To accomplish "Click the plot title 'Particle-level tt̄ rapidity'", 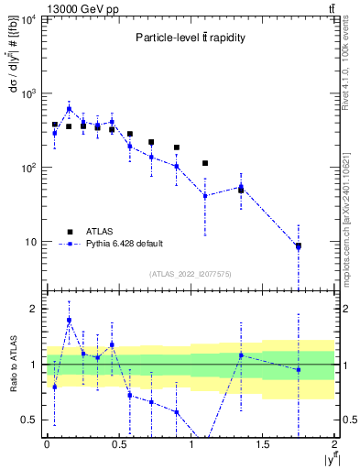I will point(190,38).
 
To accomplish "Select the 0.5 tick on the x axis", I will point(118,444).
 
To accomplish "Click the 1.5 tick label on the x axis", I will point(262,444).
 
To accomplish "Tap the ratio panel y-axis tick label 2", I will point(34,309).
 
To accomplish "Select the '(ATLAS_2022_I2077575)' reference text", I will point(190,274).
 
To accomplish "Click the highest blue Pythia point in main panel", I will point(69,109).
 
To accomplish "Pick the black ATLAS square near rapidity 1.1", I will point(205,163).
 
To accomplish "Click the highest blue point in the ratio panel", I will point(69,321).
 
